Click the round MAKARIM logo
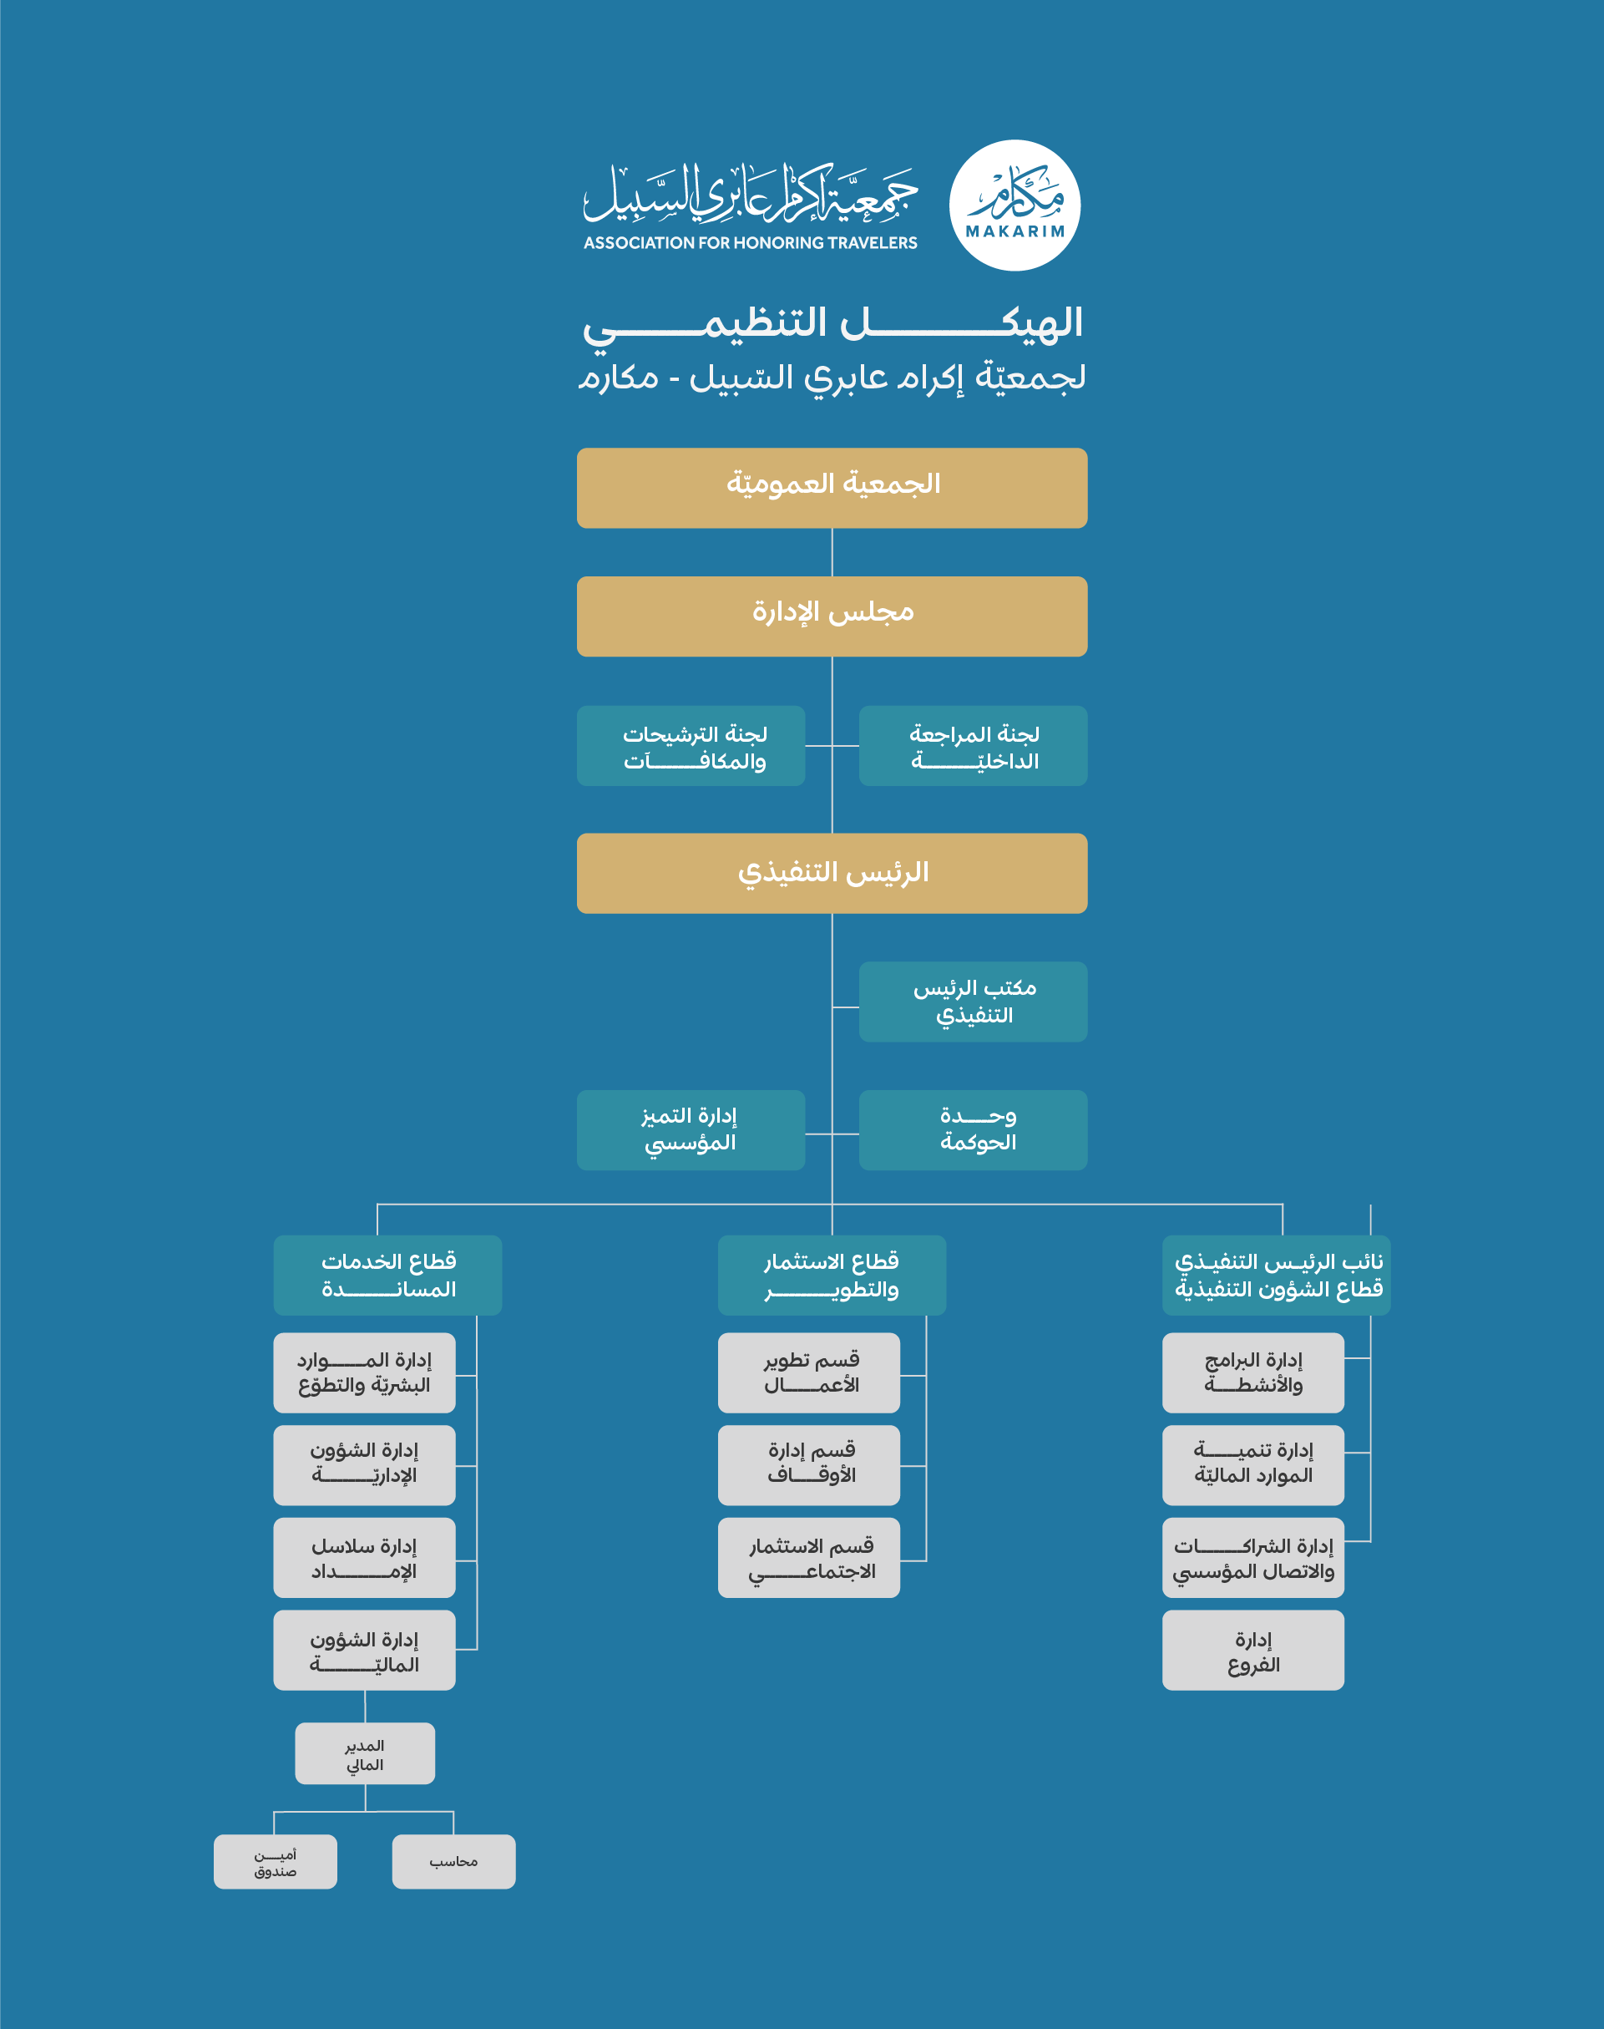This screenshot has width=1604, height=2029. tap(1015, 205)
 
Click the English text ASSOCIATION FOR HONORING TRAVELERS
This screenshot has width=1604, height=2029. tap(751, 242)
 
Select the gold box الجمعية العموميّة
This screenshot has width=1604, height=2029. tap(832, 488)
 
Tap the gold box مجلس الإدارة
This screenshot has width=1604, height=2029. tap(832, 616)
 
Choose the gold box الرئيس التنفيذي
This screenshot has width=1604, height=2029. tap(832, 873)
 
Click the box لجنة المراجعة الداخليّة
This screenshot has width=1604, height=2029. tap(973, 746)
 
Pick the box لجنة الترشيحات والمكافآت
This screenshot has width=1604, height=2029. tap(691, 746)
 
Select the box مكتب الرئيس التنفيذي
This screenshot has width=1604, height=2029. tap(973, 1002)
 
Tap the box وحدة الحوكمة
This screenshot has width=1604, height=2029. tap(973, 1130)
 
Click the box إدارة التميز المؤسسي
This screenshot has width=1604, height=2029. tap(691, 1130)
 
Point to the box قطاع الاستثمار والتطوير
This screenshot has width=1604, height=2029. tap(832, 1275)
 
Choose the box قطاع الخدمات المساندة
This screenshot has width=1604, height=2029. tap(388, 1275)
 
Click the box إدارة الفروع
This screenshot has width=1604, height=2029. tap(1252, 1651)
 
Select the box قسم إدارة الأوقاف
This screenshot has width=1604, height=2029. tap(808, 1465)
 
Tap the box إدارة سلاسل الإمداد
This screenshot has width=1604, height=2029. tap(364, 1557)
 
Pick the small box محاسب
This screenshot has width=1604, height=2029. tap(453, 1862)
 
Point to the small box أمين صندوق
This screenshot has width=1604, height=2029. tap(276, 1862)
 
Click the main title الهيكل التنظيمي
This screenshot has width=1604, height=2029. tap(832, 324)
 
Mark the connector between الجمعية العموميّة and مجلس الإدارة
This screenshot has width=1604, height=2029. tap(832, 552)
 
